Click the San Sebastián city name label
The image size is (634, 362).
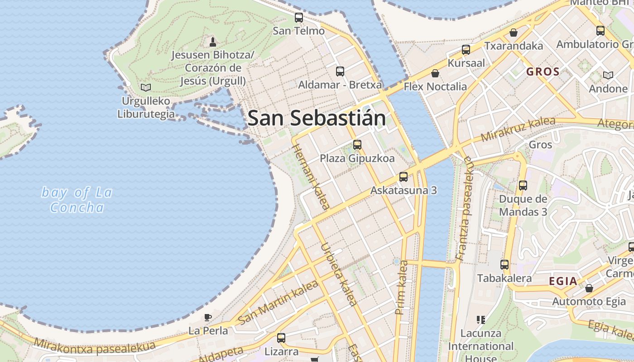pos(317,118)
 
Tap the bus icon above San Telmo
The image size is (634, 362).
pos(299,18)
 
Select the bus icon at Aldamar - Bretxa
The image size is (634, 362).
pos(340,71)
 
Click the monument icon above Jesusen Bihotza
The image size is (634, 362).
pos(212,42)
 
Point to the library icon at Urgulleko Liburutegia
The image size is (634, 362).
pos(145,87)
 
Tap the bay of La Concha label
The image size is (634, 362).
pos(77,200)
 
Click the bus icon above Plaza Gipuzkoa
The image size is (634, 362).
pos(357,145)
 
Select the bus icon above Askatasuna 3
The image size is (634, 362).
pos(403,177)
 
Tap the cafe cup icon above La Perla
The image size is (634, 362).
pos(208,317)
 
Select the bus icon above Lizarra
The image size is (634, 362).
pos(281,338)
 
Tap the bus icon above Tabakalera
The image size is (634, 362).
pos(504,265)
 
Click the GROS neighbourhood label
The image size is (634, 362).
pos(543,71)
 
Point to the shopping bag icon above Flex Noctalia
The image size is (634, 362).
pos(435,73)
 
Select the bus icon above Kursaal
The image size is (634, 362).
pos(466,50)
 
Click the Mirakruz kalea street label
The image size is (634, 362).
pos(518,129)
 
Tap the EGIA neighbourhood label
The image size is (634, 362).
pos(563,281)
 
